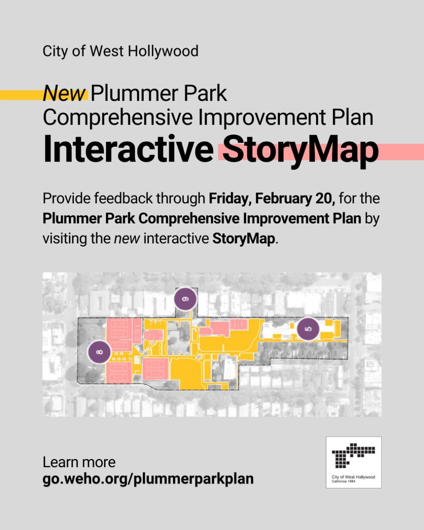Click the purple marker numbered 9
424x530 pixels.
pyautogui.click(x=185, y=299)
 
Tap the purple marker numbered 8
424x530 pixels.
pyautogui.click(x=99, y=352)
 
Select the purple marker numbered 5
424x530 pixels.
pyautogui.click(x=308, y=329)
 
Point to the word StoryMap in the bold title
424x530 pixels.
pyautogui.click(x=301, y=151)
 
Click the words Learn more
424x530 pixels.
pyautogui.click(x=79, y=462)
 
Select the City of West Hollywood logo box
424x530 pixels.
pyautogui.click(x=354, y=463)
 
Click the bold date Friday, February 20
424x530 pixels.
pyautogui.click(x=272, y=199)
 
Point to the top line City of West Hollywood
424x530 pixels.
pyautogui.click(x=120, y=52)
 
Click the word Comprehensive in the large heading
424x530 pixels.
pyautogui.click(x=118, y=118)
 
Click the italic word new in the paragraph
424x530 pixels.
pyautogui.click(x=127, y=239)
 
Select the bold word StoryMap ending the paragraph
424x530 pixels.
pyautogui.click(x=243, y=239)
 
